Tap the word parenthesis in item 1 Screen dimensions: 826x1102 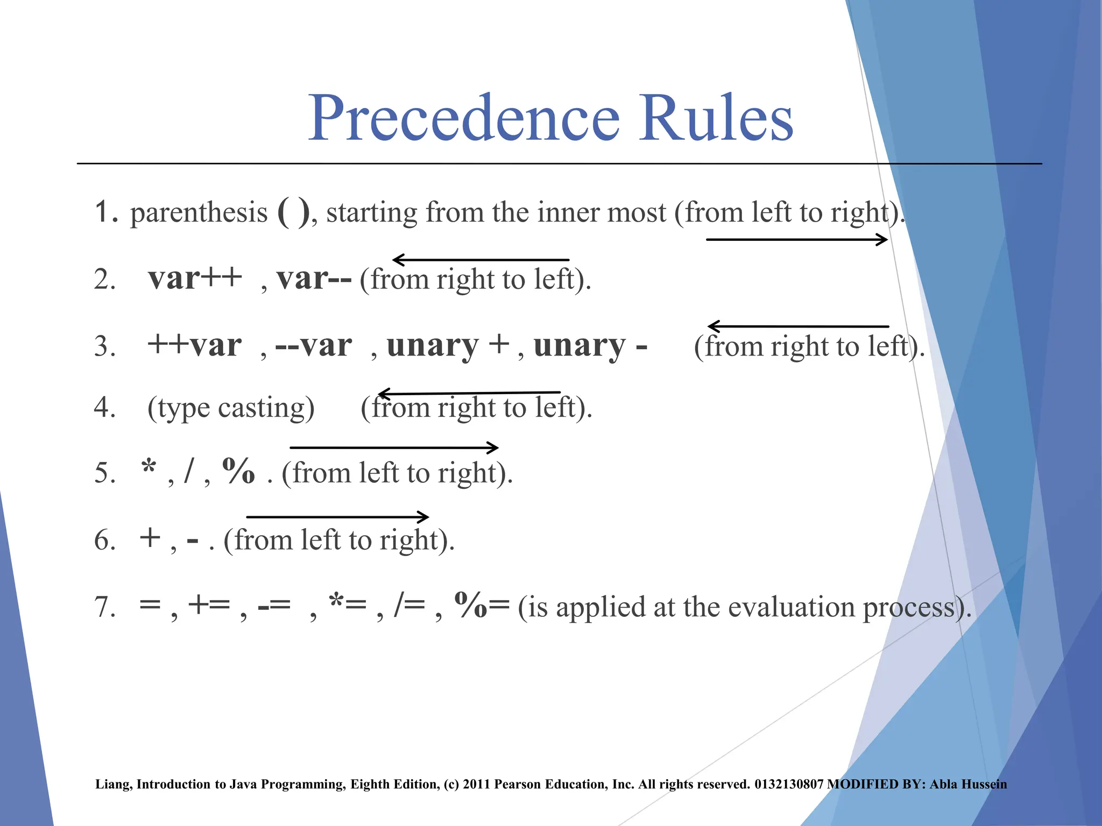[x=199, y=213]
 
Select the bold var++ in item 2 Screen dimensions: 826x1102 [x=195, y=279]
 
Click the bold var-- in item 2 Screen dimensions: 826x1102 [x=314, y=279]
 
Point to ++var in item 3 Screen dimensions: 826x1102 [x=195, y=345]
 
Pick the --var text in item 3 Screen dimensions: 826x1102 [x=314, y=345]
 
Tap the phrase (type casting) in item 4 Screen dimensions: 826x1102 [x=231, y=408]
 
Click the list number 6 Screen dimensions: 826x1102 [x=104, y=540]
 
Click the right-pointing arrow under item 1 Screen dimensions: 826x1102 [x=796, y=240]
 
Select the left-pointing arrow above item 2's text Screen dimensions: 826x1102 [x=481, y=260]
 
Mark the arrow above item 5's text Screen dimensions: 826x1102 [x=394, y=447]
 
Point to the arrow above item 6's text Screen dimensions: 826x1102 [x=337, y=517]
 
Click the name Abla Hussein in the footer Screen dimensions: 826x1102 [x=968, y=785]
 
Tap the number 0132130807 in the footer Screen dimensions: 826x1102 [x=789, y=785]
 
